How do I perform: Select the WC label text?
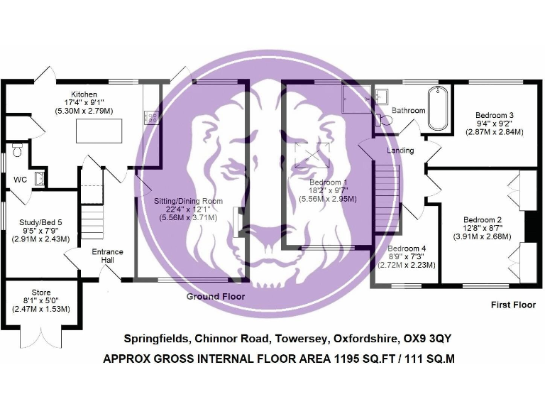20,180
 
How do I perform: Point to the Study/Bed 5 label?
40,222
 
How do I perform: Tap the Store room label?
40,293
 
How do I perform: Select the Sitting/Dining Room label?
188,201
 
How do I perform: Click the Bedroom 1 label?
328,182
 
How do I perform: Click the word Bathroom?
408,111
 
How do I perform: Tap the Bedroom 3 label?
495,115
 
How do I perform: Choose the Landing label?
400,151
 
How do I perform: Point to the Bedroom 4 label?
407,248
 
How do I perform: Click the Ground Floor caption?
215,296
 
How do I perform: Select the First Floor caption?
513,305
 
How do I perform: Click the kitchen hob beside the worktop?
150,116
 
